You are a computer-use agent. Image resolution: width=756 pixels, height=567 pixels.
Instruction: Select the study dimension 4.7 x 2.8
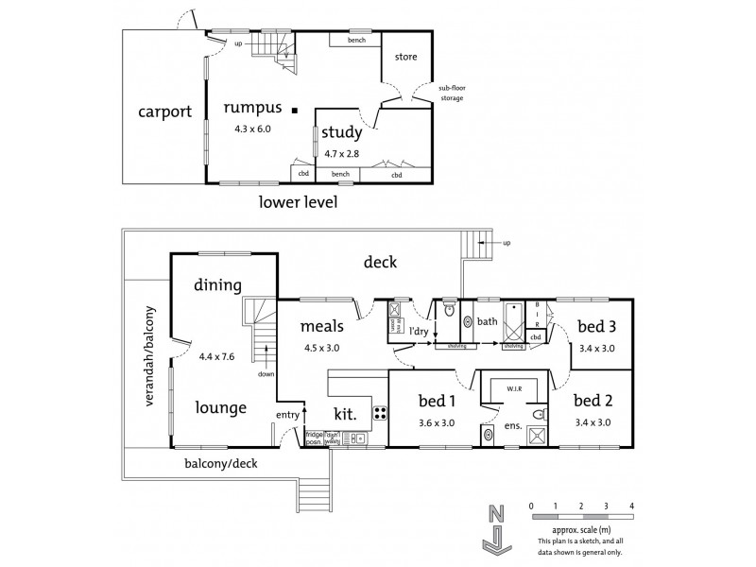(x=340, y=152)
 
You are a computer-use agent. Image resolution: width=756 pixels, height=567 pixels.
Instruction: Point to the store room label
(x=405, y=58)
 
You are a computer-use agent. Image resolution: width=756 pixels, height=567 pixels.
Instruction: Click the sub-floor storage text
(x=452, y=93)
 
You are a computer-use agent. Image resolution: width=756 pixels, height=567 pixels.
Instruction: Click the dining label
(x=218, y=284)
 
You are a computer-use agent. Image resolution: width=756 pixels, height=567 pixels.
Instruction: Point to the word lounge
(x=222, y=407)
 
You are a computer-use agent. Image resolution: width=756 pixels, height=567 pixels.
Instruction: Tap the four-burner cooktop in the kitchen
(x=380, y=412)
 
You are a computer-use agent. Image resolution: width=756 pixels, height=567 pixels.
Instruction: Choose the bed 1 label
(x=437, y=401)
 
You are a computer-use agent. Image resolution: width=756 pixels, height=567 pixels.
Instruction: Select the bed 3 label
(x=597, y=327)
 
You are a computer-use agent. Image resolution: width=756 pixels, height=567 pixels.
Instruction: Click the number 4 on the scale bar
(x=631, y=507)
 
